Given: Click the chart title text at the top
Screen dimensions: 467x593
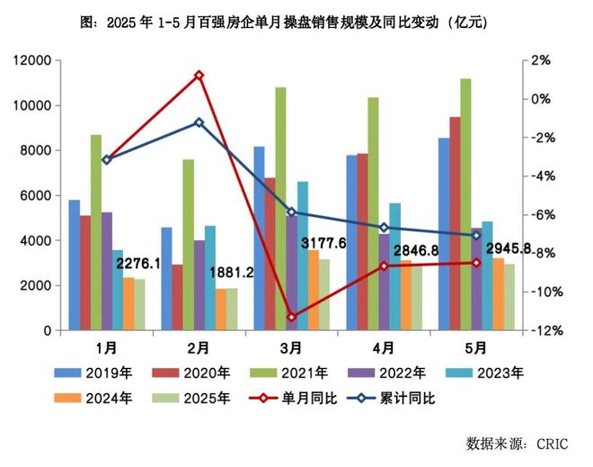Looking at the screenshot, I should [x=296, y=21].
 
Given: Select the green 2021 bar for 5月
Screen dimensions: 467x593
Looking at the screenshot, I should [x=465, y=204].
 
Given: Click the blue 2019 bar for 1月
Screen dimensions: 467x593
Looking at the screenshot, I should [x=74, y=265].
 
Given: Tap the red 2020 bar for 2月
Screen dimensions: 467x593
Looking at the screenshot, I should [x=178, y=298].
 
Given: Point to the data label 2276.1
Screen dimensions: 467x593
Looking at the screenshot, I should [x=137, y=265].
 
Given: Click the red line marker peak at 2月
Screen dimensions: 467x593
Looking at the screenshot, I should [x=199, y=76].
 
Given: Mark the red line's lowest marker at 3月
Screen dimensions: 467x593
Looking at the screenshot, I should [x=292, y=317].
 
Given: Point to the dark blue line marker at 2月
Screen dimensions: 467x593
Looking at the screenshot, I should [x=199, y=122].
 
